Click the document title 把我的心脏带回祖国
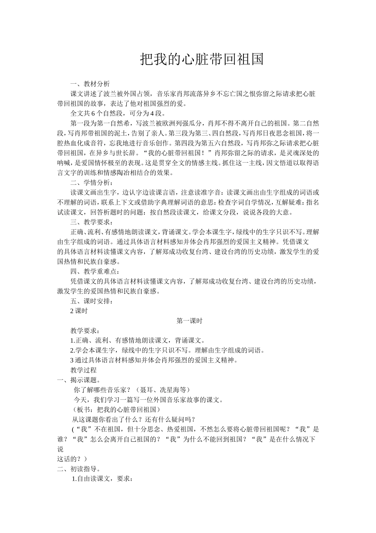coord(202,59)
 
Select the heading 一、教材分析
coord(87,84)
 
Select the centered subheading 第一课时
coord(189,321)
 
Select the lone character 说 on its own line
coord(60,449)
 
